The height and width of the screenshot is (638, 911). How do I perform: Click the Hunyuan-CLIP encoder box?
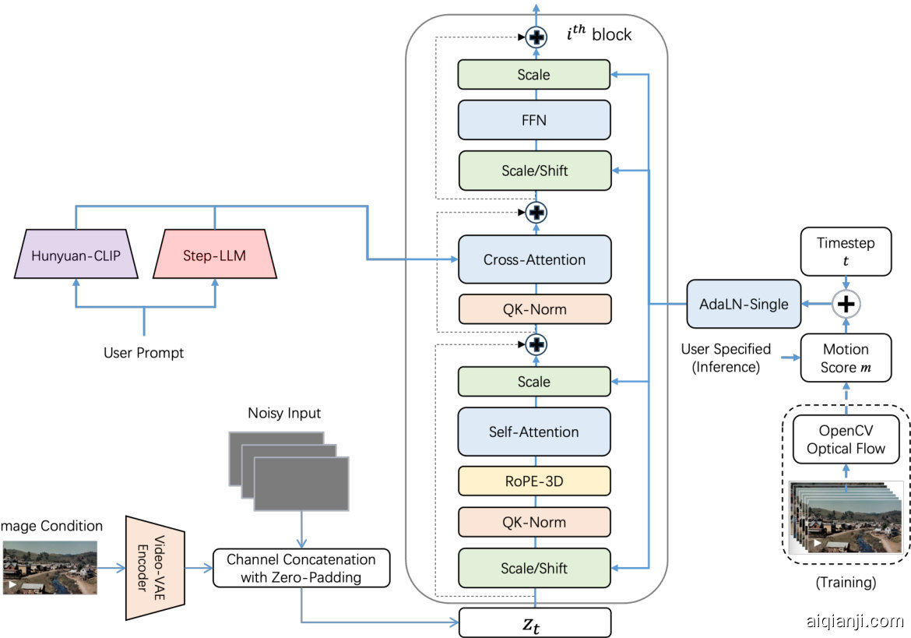pos(76,254)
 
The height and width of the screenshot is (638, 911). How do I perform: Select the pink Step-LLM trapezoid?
pos(214,254)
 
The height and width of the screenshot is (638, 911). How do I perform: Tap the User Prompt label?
pos(144,353)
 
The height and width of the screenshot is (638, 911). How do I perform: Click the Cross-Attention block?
pos(534,259)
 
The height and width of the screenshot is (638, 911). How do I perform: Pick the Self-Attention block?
pos(534,432)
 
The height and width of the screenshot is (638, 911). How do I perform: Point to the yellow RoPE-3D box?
pos(534,481)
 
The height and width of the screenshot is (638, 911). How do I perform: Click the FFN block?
pos(534,121)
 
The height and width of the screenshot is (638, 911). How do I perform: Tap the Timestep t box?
pos(846,251)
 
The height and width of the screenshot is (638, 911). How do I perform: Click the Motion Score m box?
pos(846,358)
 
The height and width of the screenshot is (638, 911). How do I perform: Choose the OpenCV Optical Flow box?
pos(846,439)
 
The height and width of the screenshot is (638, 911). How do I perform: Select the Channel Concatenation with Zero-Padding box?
pos(301,569)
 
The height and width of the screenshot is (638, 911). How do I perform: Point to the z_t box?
pos(534,623)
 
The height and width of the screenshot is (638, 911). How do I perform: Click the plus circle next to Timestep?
pos(846,304)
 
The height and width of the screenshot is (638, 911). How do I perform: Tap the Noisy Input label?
pos(284,413)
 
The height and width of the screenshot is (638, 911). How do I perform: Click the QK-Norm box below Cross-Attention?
pos(534,309)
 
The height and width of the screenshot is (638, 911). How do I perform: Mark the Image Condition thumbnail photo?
pos(50,568)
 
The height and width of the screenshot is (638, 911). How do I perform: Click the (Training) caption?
pos(846,582)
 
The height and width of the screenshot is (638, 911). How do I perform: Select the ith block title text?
pos(599,34)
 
